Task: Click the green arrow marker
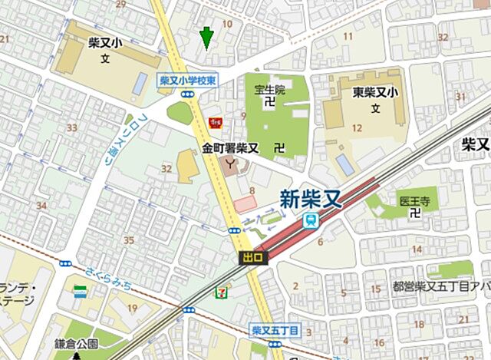point(206,36)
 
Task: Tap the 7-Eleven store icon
point(222,291)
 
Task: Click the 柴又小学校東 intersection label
point(188,79)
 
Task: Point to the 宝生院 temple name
point(269,90)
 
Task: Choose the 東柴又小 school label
point(376,93)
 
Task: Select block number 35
point(129,240)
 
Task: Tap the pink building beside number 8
point(245,203)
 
